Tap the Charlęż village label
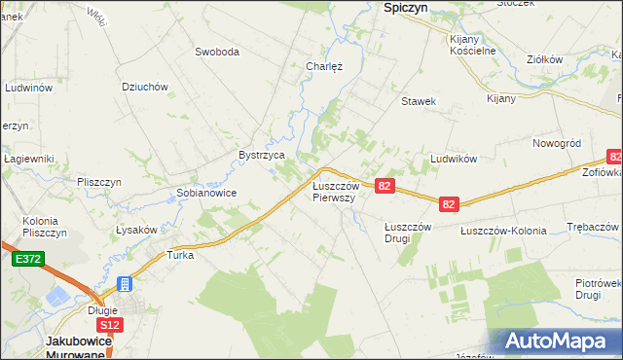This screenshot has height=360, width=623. click(x=323, y=67)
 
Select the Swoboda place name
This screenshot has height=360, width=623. click(x=217, y=52)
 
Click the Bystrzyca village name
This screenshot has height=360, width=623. click(x=262, y=155)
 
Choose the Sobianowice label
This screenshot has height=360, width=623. click(x=206, y=193)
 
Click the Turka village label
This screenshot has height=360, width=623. click(x=181, y=256)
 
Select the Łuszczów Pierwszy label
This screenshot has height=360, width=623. click(x=335, y=191)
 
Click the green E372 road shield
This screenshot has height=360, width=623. click(x=26, y=260)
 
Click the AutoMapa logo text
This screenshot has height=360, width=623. click(x=558, y=342)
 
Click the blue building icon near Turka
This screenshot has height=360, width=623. click(x=124, y=284)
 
